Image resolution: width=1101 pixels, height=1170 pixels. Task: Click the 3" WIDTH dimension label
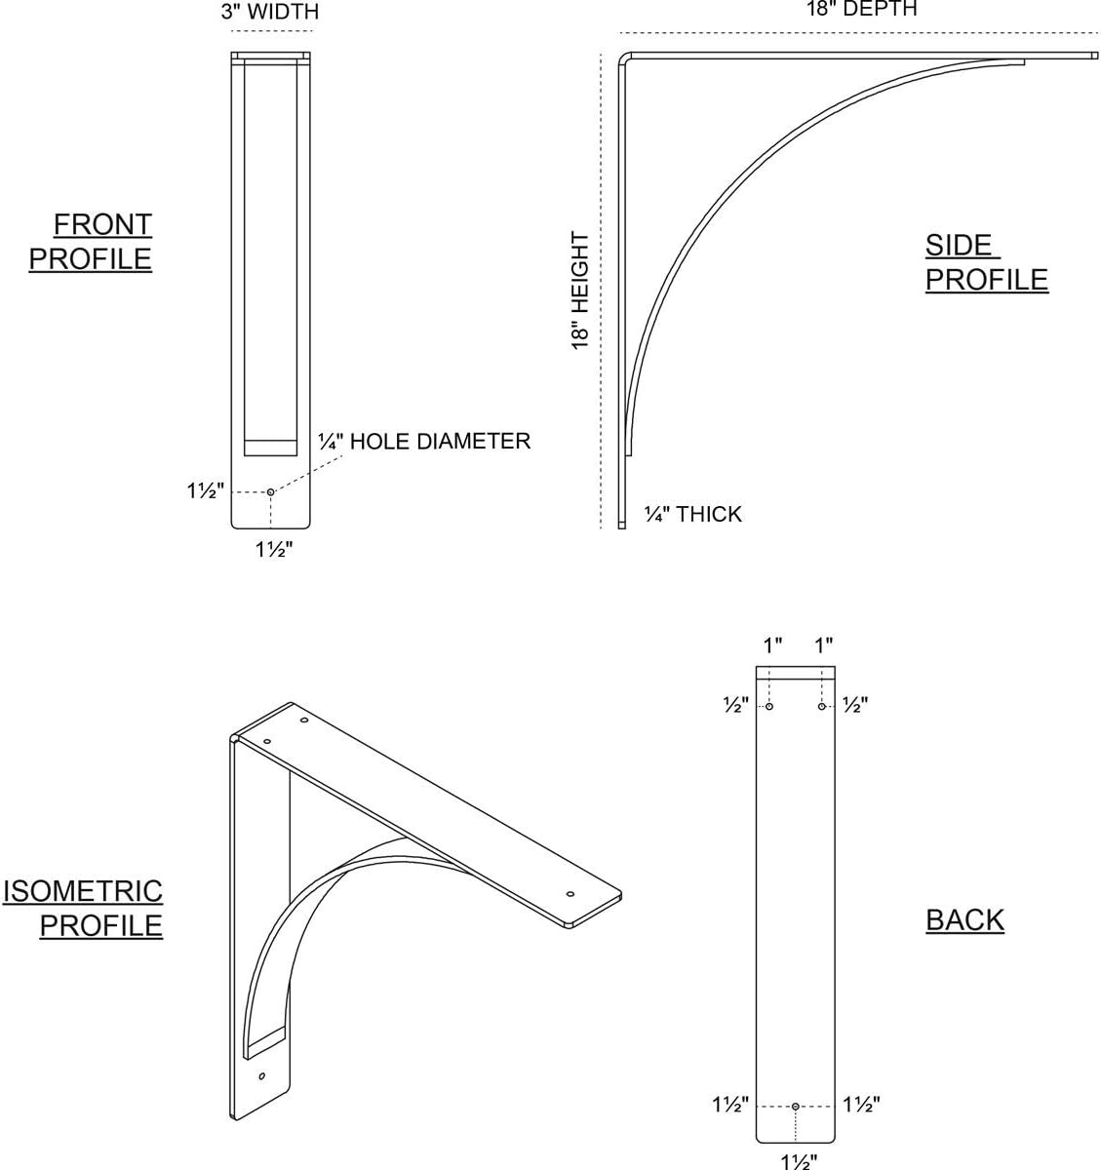[270, 12]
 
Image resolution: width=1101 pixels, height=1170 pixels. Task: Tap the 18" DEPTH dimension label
[862, 9]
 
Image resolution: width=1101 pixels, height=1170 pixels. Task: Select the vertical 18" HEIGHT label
[580, 291]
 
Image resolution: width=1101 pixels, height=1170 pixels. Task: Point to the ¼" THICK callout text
[692, 514]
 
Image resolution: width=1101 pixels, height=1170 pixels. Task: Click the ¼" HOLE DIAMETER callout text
[424, 442]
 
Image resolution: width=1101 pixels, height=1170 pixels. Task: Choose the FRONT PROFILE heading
[91, 242]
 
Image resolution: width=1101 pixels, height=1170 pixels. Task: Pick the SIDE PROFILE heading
[987, 262]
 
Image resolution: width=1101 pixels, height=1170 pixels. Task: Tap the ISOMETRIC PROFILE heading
[83, 909]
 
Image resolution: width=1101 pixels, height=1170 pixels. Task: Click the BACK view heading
[964, 919]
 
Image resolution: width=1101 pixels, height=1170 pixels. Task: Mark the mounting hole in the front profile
[270, 492]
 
